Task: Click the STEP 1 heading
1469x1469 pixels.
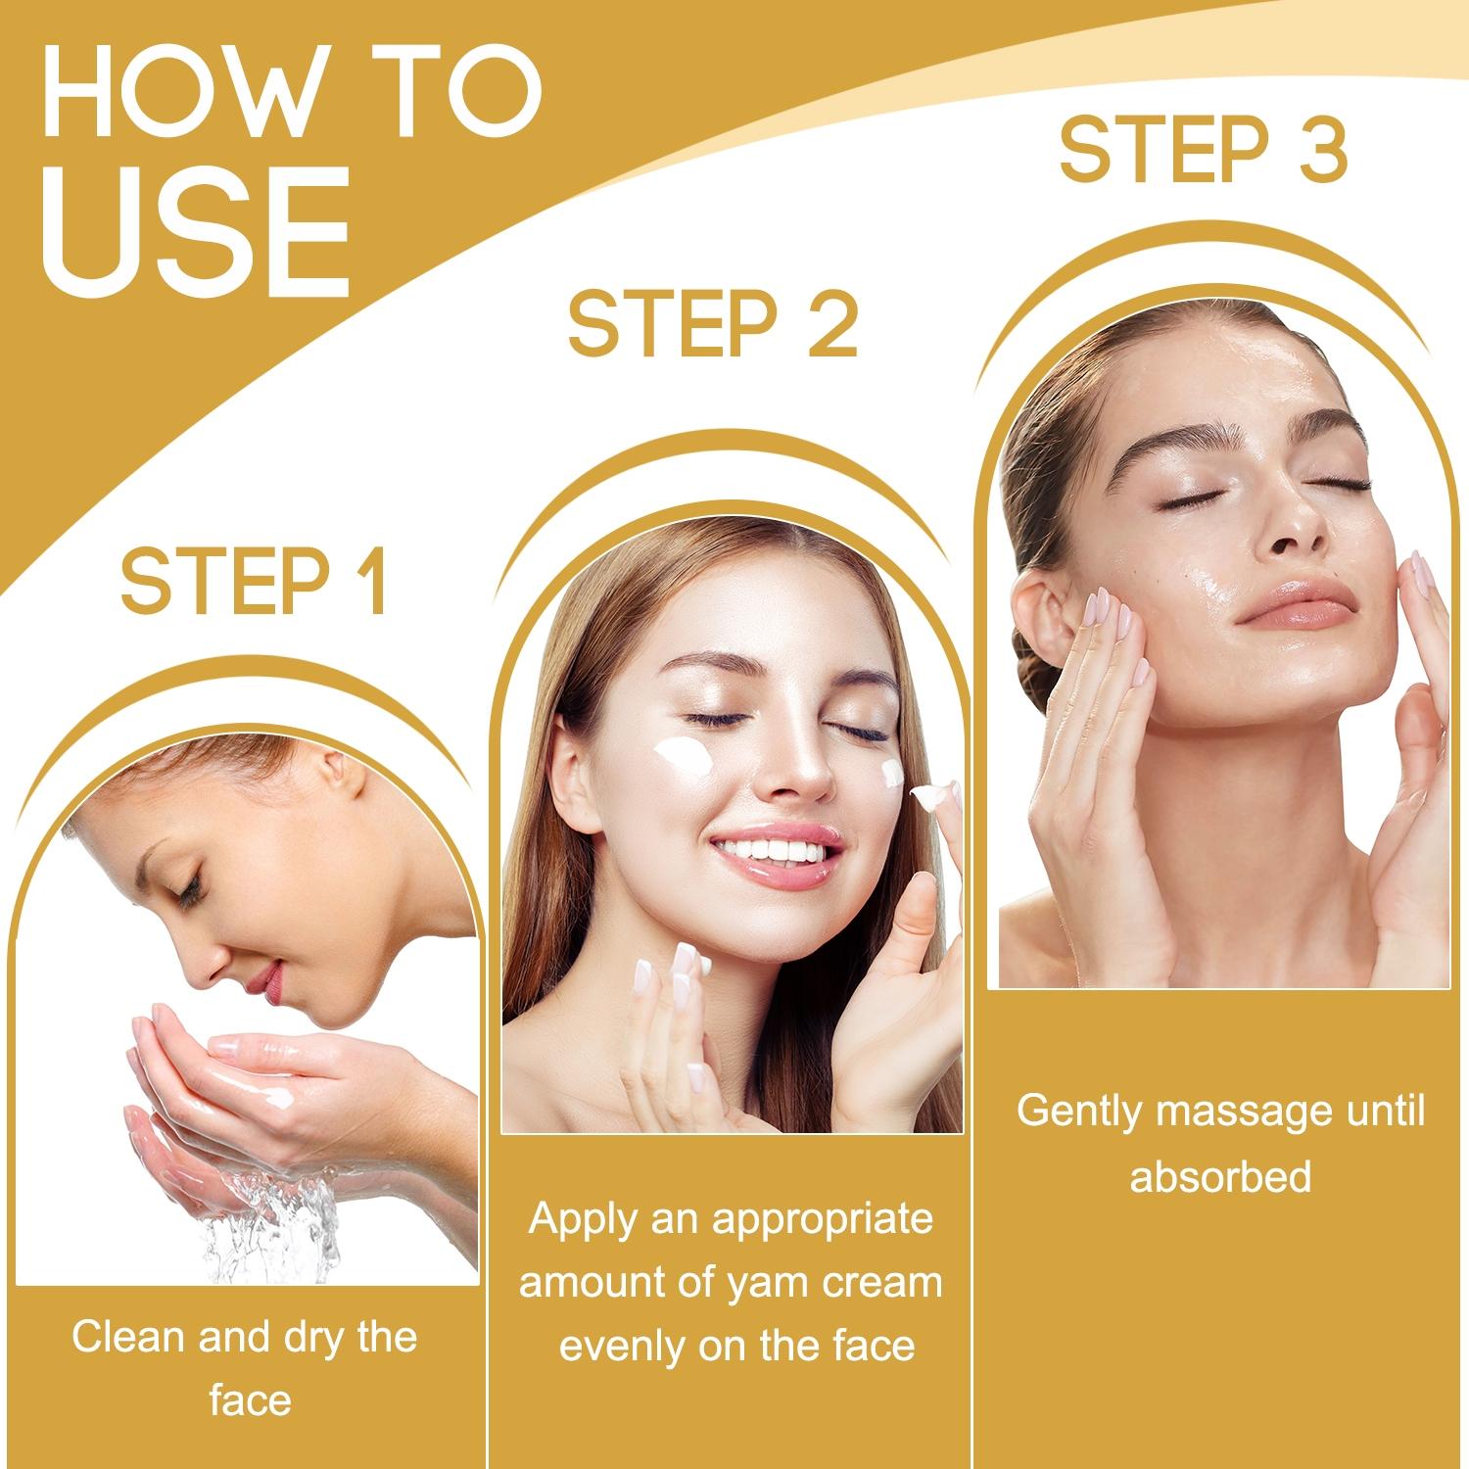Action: click(x=254, y=582)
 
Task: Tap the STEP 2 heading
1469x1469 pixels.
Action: click(x=712, y=323)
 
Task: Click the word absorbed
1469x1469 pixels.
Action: click(x=1220, y=1175)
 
